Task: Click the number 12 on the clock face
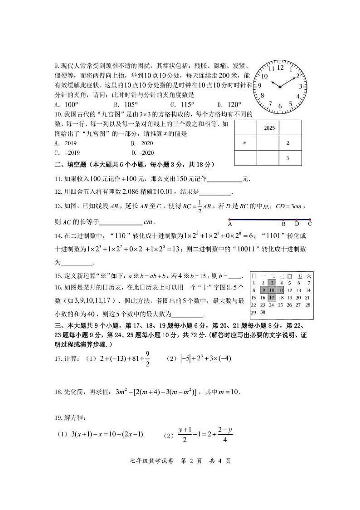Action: click(280, 67)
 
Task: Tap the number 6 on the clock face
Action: click(280, 107)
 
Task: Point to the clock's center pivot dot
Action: click(280, 87)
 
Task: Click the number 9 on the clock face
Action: click(260, 85)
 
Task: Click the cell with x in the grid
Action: click(244, 143)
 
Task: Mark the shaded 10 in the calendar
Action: click(272, 290)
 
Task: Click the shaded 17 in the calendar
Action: click(272, 298)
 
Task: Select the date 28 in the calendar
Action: click(307, 305)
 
